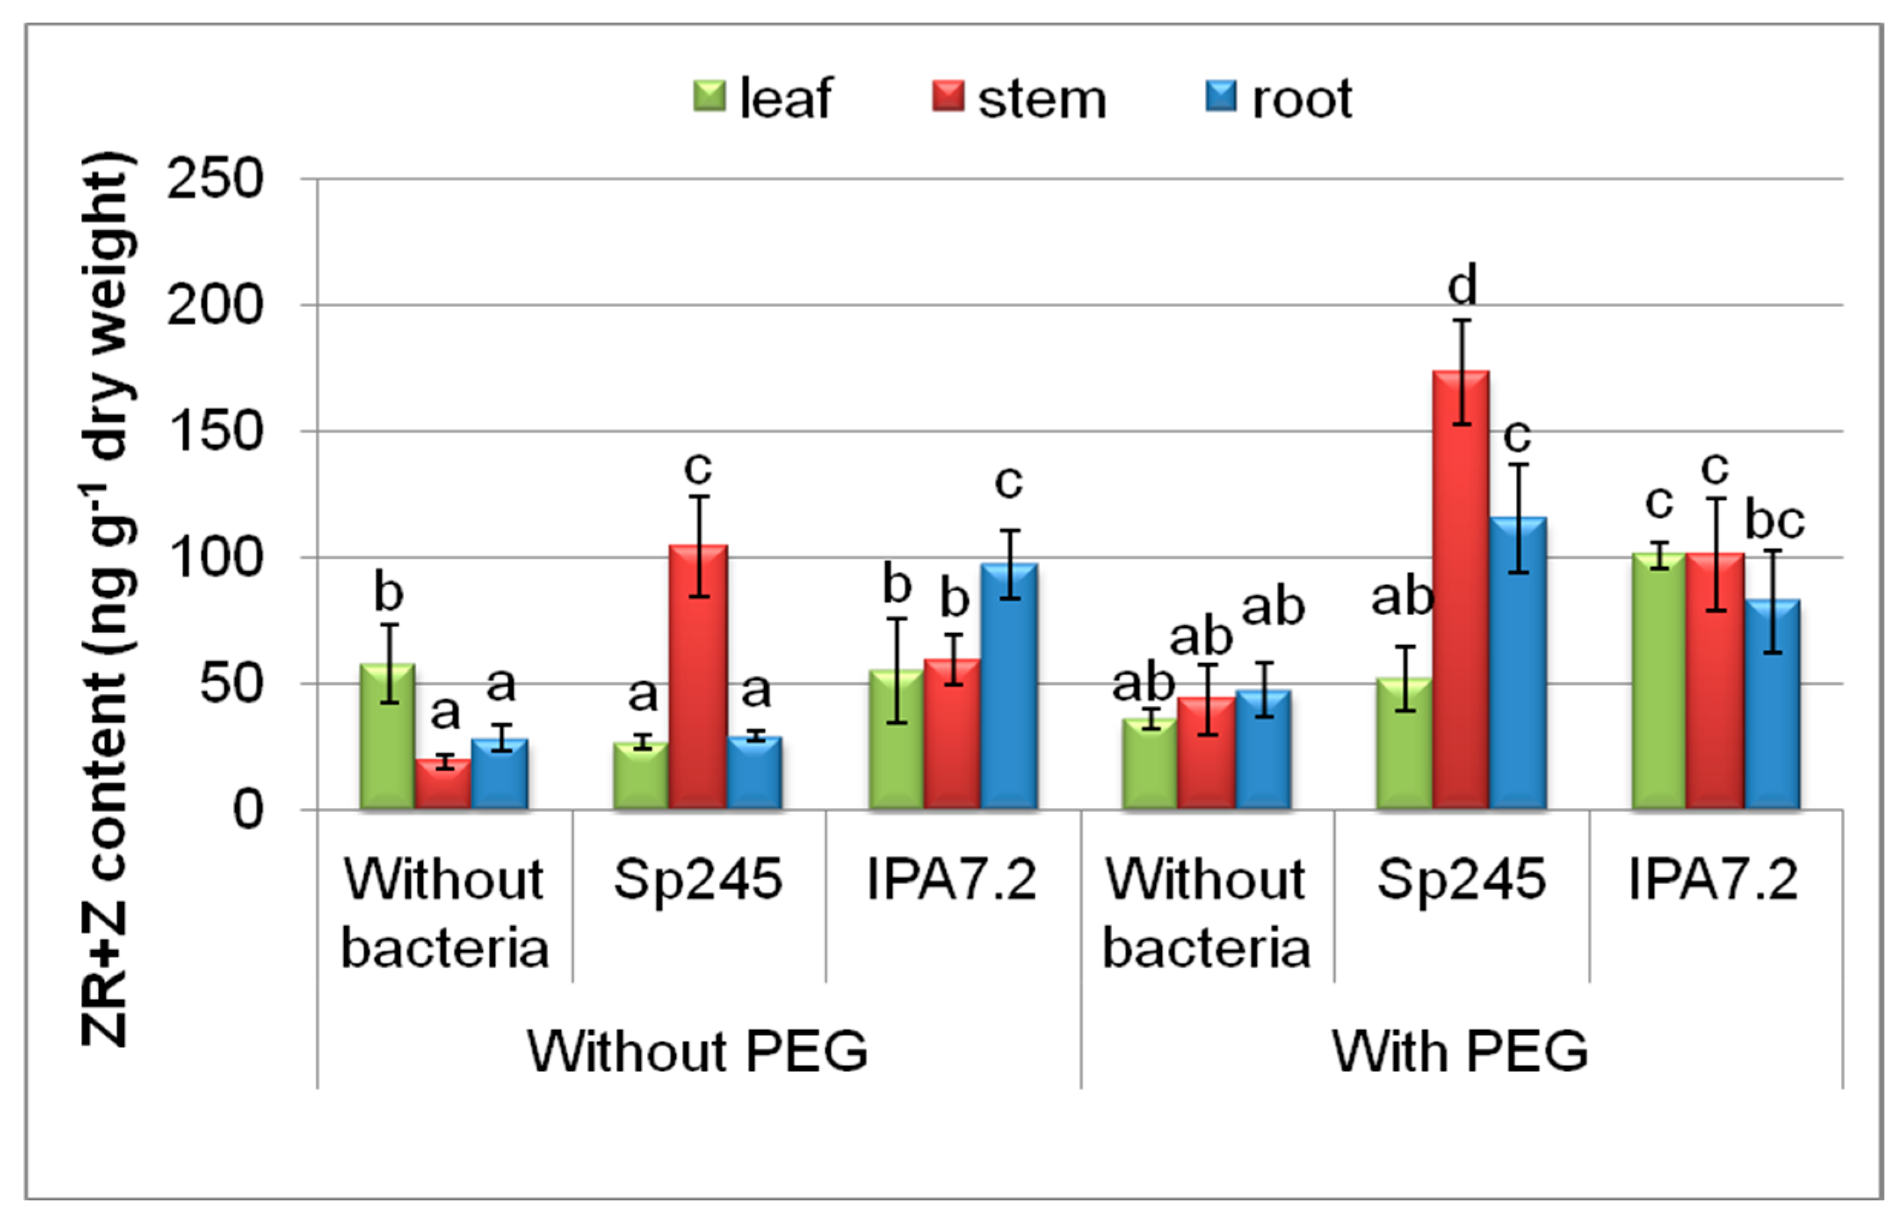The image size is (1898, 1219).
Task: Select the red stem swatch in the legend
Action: click(948, 97)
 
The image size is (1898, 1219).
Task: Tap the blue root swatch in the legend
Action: click(1220, 97)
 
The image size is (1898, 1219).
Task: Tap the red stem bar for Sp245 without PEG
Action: click(698, 677)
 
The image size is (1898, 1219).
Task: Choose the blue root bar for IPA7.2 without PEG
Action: click(1009, 687)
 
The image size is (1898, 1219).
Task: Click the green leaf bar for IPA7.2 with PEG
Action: click(1658, 681)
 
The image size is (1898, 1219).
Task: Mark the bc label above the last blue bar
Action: click(1774, 521)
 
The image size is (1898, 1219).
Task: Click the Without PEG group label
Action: click(698, 1052)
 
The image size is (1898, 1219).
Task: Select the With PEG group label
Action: click(1460, 1052)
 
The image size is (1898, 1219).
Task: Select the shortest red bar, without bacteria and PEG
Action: click(443, 784)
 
